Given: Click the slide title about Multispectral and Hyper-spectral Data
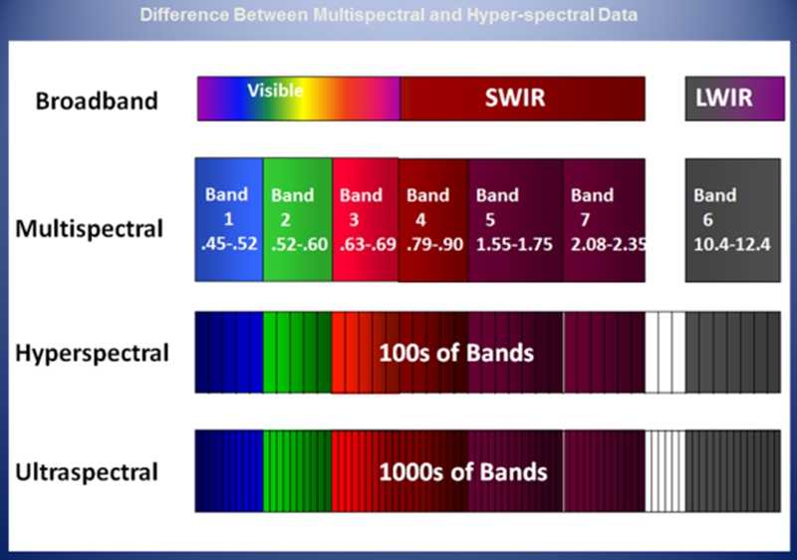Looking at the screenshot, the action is coord(389,15).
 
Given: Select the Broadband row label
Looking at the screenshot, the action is coord(97,101).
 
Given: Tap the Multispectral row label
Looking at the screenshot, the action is coord(90,228).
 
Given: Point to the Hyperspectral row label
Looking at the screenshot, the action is coord(92,353).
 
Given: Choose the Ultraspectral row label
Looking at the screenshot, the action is coord(87,472).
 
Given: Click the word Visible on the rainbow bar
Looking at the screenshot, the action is coord(276,91).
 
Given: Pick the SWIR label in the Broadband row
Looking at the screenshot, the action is coord(515,97).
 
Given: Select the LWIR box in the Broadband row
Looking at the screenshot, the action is coord(734,99).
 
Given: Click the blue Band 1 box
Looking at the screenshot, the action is coord(229,219).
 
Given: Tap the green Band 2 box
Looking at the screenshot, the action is coord(298,219).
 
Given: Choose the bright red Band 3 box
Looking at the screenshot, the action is coord(366,219).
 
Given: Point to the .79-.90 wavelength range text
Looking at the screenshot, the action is coord(435,244).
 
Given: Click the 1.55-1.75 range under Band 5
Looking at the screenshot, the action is coord(514,244).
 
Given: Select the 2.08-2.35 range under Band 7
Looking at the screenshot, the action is coord(608,244).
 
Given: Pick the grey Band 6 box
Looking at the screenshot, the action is coord(733,220).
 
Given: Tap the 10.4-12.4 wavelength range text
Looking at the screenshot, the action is coord(732,244).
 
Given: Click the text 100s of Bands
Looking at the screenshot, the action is coord(456,353).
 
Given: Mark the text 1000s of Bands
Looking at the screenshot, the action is coord(463,472).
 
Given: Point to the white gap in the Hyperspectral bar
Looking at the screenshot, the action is coord(665,352).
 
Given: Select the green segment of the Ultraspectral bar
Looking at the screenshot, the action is coord(297,471).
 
